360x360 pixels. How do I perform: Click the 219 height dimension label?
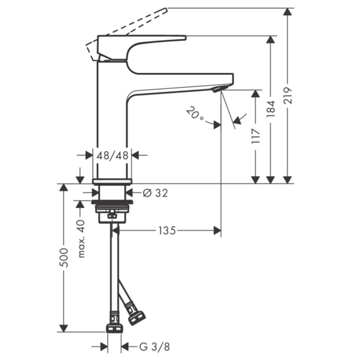288,96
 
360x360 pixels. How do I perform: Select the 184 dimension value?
271,109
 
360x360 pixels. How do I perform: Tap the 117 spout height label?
256,136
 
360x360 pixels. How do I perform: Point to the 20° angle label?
194,113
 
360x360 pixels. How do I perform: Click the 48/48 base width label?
112,156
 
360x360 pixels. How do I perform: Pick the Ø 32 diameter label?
155,193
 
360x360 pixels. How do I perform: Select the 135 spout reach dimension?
167,230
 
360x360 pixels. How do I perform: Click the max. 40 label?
81,239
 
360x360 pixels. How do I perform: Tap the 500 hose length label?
64,257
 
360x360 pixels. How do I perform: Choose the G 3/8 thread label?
154,346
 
